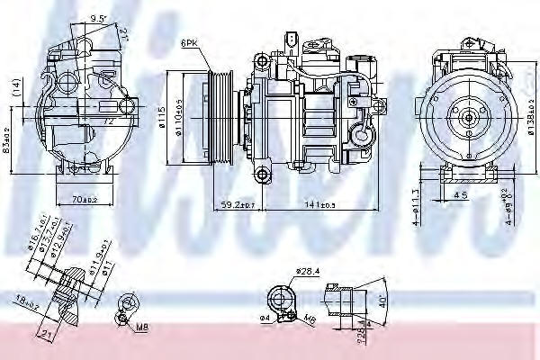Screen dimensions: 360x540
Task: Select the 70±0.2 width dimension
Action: pyautogui.click(x=83, y=200)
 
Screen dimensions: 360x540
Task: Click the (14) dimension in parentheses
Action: pyautogui.click(x=15, y=85)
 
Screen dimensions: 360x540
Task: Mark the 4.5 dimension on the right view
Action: pyautogui.click(x=462, y=193)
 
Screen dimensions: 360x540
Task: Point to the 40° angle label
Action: pyautogui.click(x=383, y=300)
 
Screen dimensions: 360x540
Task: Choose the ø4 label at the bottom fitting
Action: pyautogui.click(x=265, y=318)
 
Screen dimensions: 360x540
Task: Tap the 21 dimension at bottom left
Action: pyautogui.click(x=49, y=335)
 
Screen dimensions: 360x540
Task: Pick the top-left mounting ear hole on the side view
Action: pyautogui.click(x=261, y=61)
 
